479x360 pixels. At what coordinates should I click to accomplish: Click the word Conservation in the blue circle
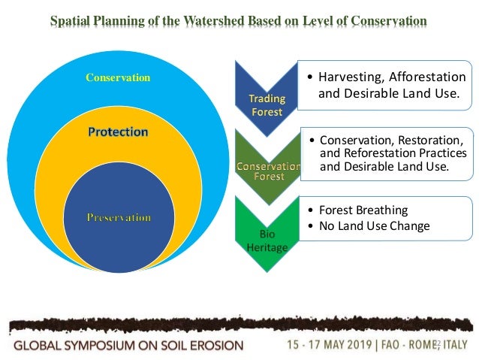(118, 77)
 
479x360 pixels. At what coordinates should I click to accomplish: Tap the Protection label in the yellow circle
(118, 132)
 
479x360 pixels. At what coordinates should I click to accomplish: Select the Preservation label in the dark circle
(118, 217)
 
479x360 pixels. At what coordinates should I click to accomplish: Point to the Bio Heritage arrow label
(257, 241)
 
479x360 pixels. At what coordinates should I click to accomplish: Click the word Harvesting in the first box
(352, 77)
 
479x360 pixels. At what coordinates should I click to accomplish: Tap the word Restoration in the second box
(425, 141)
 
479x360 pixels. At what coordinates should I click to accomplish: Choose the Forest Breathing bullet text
(363, 210)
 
